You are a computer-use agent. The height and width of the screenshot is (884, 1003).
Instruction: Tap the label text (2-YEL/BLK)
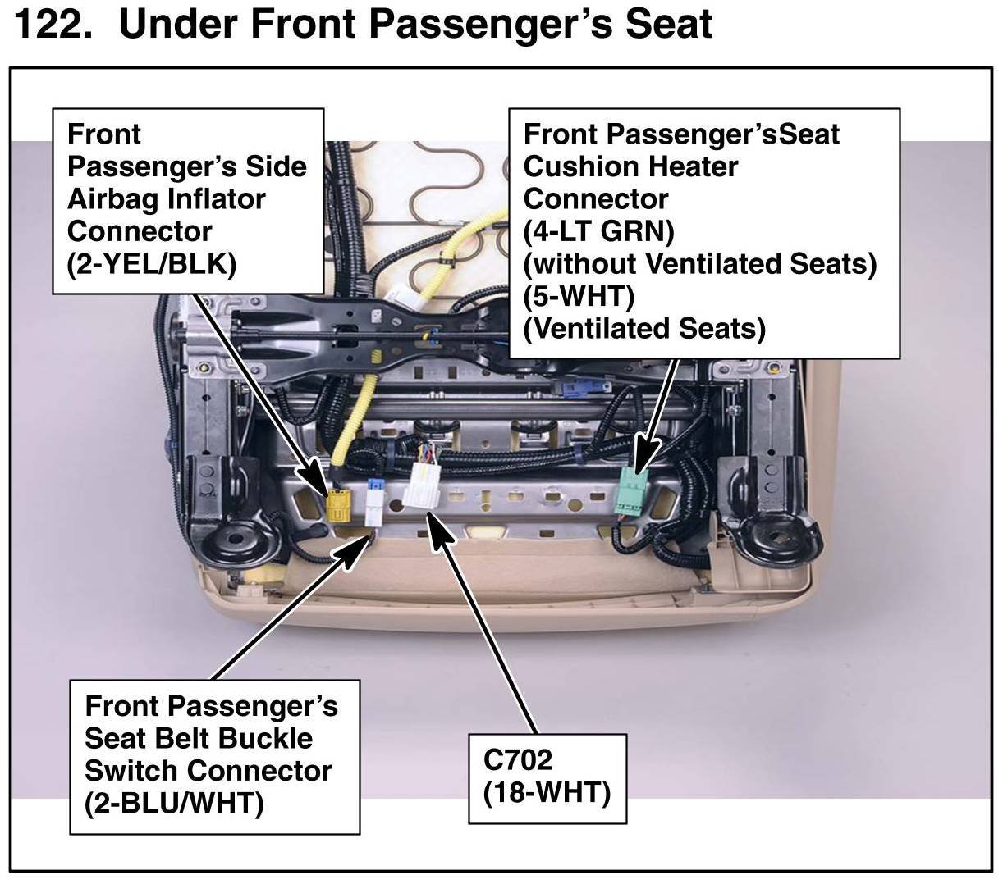(x=152, y=264)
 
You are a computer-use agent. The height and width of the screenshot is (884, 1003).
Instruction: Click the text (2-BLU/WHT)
(x=174, y=802)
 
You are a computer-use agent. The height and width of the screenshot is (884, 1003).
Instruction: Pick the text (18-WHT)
(x=547, y=792)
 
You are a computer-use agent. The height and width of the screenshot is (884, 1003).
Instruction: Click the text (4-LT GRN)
(x=598, y=231)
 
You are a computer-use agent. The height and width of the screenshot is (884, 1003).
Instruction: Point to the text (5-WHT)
(x=579, y=296)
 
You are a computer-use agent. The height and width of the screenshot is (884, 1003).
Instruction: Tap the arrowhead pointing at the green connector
(x=648, y=453)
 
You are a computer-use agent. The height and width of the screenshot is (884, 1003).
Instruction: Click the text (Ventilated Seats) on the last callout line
(x=644, y=329)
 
